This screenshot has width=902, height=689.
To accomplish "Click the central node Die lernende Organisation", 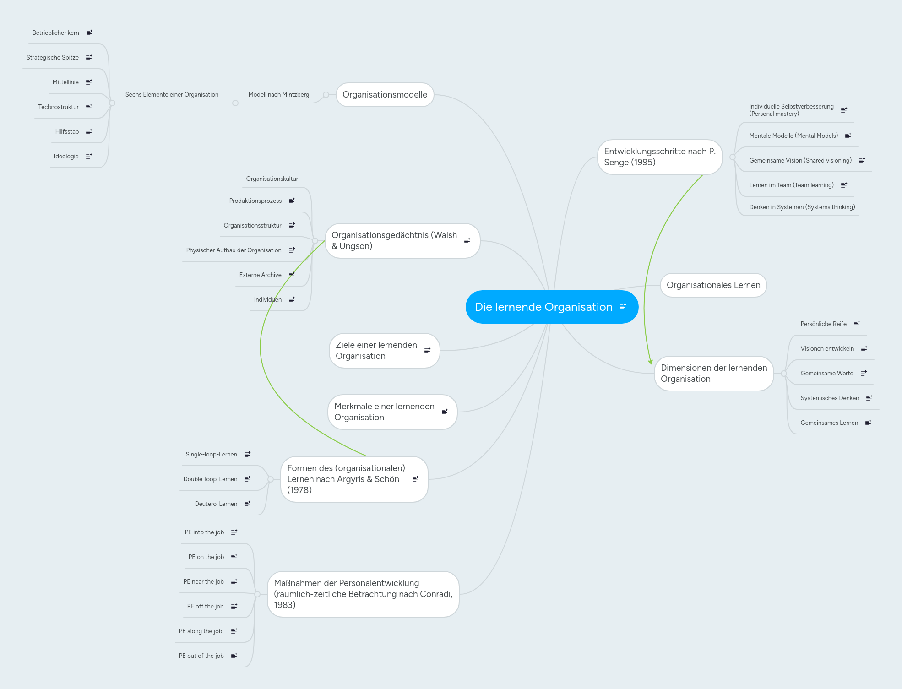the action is [552, 307].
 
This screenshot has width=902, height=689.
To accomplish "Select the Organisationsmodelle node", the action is [385, 95].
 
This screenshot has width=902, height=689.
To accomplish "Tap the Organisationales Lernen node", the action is [713, 285].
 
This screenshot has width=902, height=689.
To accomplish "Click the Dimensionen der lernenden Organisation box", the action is [714, 374].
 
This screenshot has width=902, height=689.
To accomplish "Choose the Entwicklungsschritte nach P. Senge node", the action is [660, 157].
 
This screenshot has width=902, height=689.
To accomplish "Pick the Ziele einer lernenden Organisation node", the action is [384, 351].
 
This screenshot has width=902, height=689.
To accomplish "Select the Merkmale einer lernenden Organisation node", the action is [392, 412].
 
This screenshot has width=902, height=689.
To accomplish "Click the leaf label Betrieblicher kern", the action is [56, 33].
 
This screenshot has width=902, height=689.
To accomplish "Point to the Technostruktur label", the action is [59, 107].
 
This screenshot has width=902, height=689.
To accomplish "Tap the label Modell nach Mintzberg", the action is [279, 95].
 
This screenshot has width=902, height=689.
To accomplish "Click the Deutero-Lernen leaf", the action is [216, 504].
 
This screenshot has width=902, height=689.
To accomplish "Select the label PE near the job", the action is [204, 582].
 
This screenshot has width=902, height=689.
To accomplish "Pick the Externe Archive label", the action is [261, 275].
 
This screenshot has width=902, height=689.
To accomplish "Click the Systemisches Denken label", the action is [830, 398].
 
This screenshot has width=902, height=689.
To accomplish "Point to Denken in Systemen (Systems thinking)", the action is [802, 207].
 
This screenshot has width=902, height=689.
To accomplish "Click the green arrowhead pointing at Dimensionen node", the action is [650, 362].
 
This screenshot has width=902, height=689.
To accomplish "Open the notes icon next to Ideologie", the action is [89, 156].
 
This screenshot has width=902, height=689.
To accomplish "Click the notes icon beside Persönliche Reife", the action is [857, 324].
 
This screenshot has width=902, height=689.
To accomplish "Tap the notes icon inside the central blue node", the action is [623, 307].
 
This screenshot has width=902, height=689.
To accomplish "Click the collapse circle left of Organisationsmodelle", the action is [326, 95].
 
